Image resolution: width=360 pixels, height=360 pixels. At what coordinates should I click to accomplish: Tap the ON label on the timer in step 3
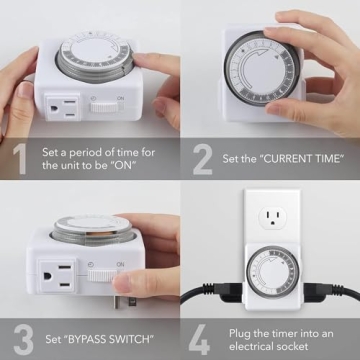pyautogui.click(x=120, y=264)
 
